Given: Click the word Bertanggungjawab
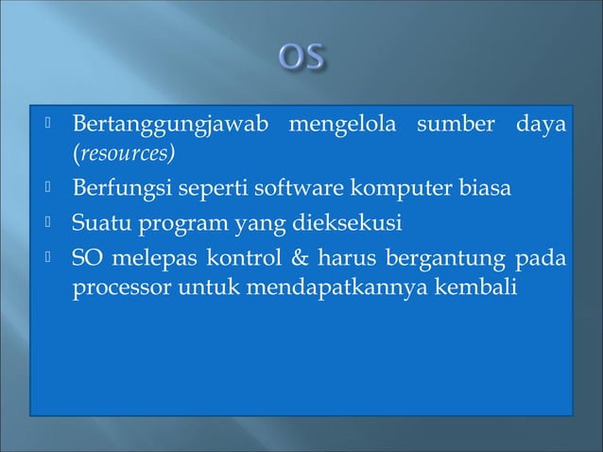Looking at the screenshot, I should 164,125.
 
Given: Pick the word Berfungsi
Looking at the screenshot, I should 113,189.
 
